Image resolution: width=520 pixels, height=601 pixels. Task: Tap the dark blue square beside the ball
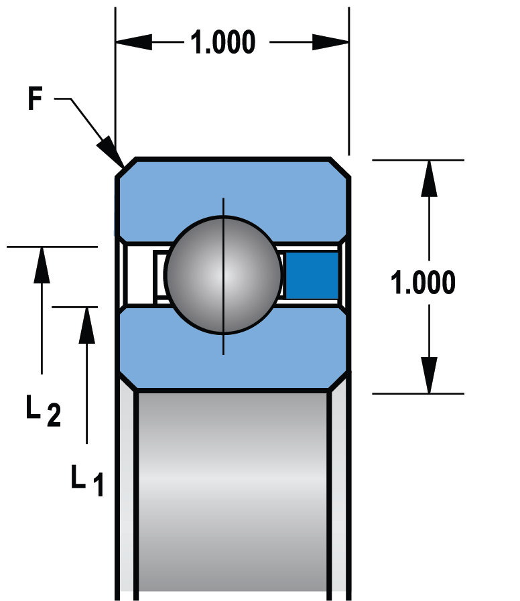coord(312,275)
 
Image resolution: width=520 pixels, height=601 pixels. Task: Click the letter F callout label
coord(36,100)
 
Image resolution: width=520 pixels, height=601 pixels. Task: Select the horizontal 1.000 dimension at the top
coord(223,43)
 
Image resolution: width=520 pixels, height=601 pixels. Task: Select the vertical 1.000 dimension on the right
coord(424,283)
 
